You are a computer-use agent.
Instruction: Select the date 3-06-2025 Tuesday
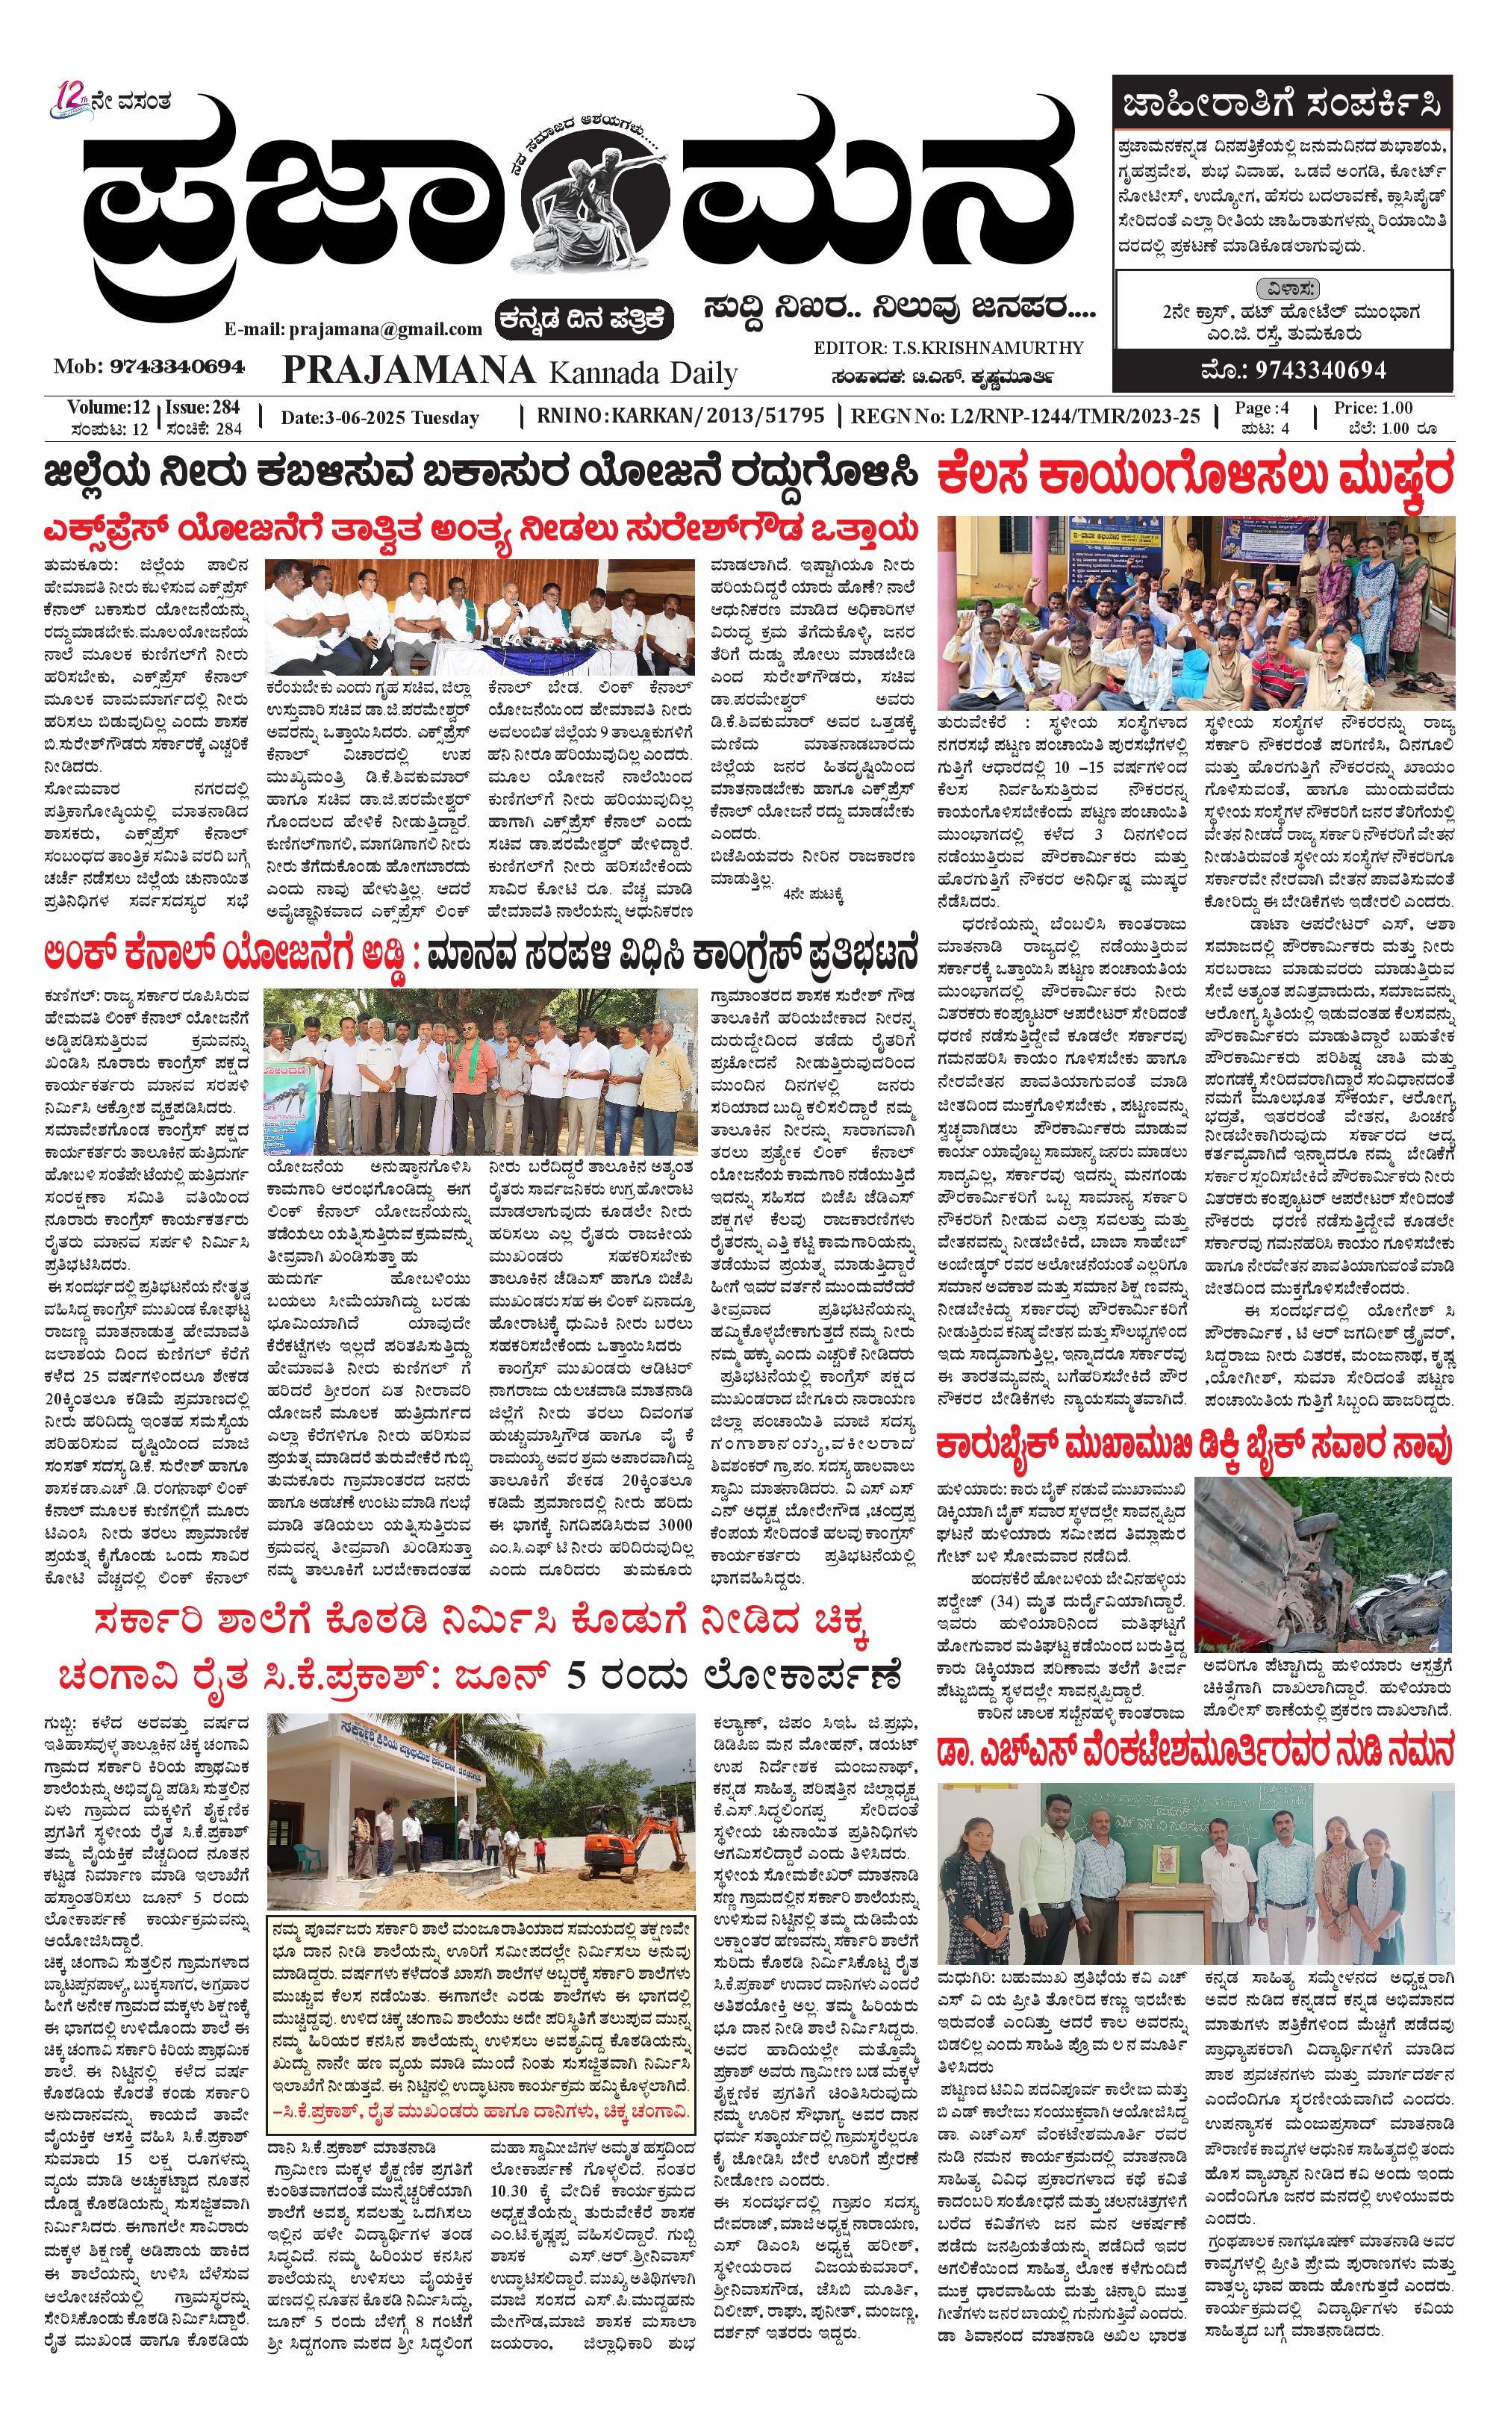pyautogui.click(x=380, y=418)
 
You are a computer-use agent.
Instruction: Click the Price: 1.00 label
pyautogui.click(x=1373, y=408)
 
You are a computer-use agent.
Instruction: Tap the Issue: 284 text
pyautogui.click(x=203, y=408)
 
